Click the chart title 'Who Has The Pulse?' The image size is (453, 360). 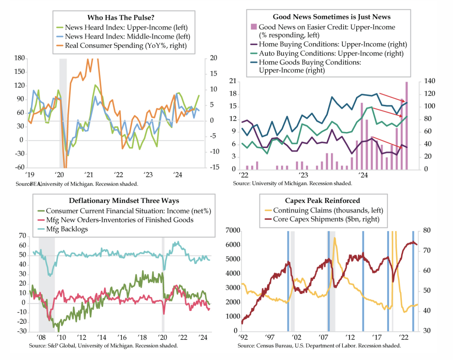click(x=121, y=17)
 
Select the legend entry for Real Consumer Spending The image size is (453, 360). click(x=122, y=46)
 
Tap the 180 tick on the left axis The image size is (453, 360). click(x=19, y=58)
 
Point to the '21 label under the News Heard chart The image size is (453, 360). click(x=89, y=175)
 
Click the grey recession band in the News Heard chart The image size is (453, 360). click(x=63, y=114)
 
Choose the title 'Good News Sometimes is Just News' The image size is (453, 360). click(x=332, y=17)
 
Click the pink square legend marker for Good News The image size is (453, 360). click(x=254, y=27)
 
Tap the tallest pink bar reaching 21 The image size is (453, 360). click(x=406, y=126)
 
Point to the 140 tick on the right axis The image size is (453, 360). click(x=429, y=81)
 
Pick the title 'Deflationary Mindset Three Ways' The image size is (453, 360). click(x=124, y=201)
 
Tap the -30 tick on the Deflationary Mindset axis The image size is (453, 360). click(x=22, y=331)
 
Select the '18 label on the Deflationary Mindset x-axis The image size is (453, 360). click(x=142, y=337)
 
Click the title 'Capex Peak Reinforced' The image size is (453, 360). click(x=323, y=201)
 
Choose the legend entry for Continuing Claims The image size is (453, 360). click(x=324, y=210)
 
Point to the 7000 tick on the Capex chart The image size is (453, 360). click(x=233, y=230)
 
